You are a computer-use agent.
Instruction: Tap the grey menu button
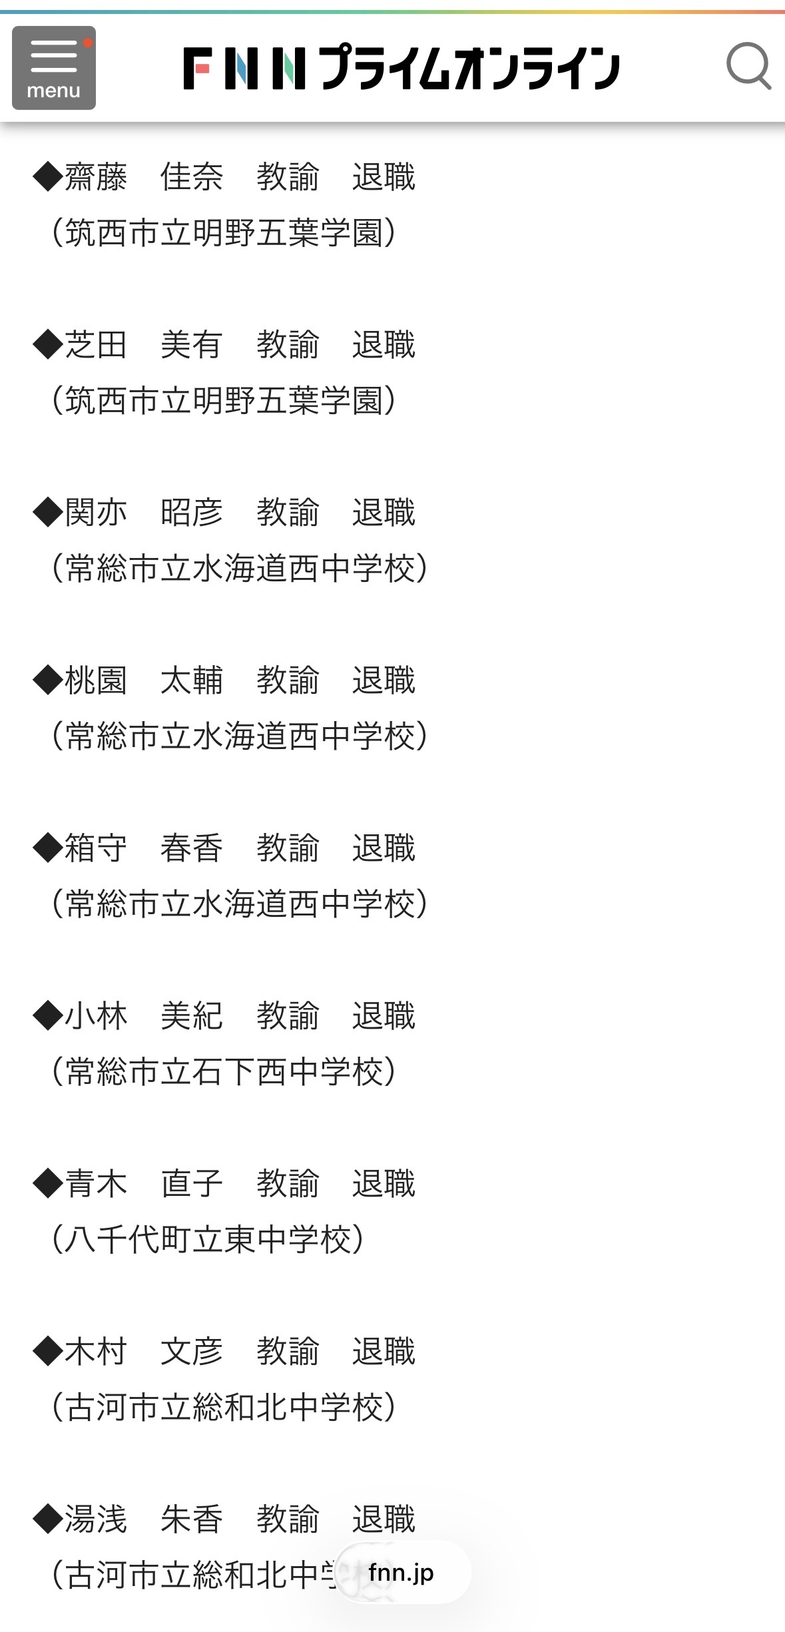(x=54, y=68)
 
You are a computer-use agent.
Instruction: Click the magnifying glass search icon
(x=748, y=66)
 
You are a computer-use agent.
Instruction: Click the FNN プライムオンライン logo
(x=401, y=67)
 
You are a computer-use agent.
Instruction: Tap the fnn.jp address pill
(x=402, y=1572)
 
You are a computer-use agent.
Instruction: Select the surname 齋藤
(x=96, y=177)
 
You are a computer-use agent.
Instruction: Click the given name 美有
(x=192, y=345)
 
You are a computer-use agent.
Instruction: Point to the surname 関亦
(x=96, y=513)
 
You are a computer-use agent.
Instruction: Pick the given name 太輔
(x=192, y=680)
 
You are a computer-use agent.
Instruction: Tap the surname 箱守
(x=96, y=848)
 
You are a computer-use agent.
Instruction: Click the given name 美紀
(x=192, y=1016)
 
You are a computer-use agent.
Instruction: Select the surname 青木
(x=96, y=1184)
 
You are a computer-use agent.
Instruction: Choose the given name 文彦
(x=192, y=1352)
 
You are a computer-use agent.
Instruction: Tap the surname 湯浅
(x=96, y=1519)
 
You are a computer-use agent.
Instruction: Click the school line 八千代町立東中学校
(x=208, y=1240)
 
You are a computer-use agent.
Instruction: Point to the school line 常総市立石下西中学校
(x=224, y=1072)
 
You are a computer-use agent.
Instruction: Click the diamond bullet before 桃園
(x=48, y=680)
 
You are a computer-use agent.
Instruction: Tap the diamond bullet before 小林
(x=48, y=1016)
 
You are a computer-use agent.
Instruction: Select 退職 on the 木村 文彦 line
(x=384, y=1352)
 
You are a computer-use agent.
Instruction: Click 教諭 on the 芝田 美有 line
(x=288, y=345)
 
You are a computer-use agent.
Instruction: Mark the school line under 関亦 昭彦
(x=240, y=569)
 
